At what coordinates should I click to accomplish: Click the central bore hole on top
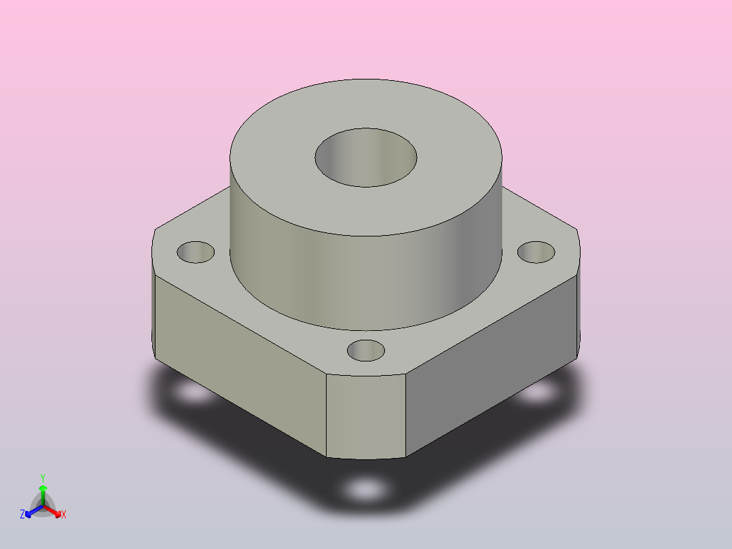(x=366, y=158)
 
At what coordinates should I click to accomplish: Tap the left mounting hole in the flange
(x=196, y=252)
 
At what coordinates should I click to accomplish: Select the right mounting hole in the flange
(x=536, y=252)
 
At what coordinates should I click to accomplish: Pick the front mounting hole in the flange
(x=366, y=351)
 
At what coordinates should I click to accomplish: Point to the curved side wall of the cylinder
(x=366, y=281)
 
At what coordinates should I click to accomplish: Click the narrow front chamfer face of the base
(x=366, y=416)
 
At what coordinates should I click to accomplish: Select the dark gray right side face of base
(x=491, y=364)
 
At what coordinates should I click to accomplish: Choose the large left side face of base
(x=240, y=364)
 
